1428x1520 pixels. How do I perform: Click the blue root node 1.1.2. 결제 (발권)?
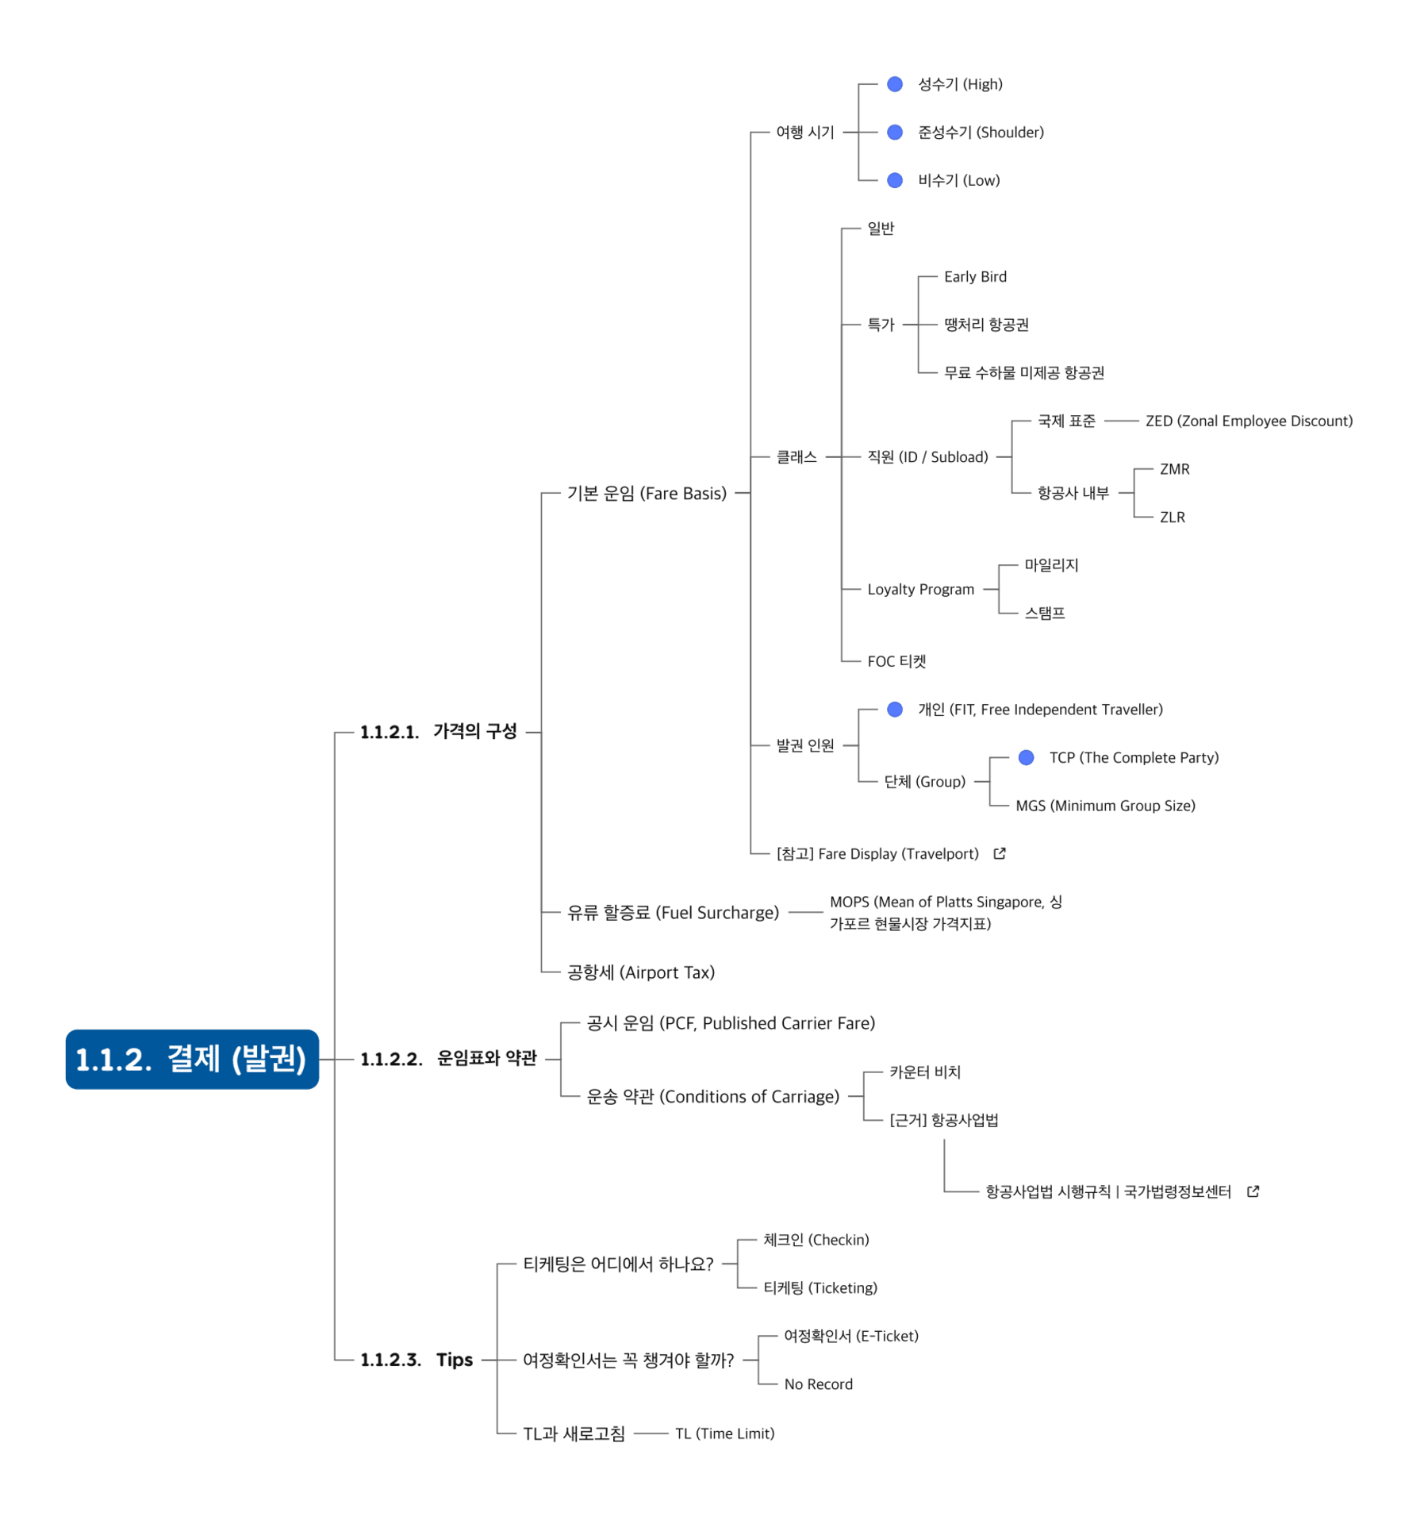[192, 1059]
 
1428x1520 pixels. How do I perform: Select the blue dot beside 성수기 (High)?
[895, 84]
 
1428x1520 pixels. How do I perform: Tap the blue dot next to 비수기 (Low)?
[895, 180]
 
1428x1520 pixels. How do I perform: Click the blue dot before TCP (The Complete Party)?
[1026, 757]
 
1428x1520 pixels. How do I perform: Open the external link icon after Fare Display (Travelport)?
[1000, 853]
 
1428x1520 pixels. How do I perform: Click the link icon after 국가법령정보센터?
[1253, 1191]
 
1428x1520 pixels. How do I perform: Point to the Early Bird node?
[975, 276]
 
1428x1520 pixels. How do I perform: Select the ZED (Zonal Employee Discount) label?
[1249, 421]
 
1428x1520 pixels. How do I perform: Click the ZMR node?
[1174, 469]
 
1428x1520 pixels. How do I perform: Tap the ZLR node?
[1172, 518]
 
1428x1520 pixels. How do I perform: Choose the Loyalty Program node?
[920, 589]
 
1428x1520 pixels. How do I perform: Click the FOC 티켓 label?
[896, 661]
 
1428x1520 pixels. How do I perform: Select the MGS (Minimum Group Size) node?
[1105, 806]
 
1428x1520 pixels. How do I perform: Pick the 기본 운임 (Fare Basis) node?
[647, 493]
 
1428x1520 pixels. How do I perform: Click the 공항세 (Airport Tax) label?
[641, 972]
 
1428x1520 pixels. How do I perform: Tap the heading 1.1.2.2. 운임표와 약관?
[448, 1059]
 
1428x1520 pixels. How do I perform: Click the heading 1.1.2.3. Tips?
[416, 1360]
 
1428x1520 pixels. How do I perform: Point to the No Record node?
[818, 1384]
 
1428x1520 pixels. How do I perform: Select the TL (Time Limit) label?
[724, 1433]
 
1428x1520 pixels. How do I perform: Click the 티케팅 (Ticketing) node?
[820, 1287]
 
